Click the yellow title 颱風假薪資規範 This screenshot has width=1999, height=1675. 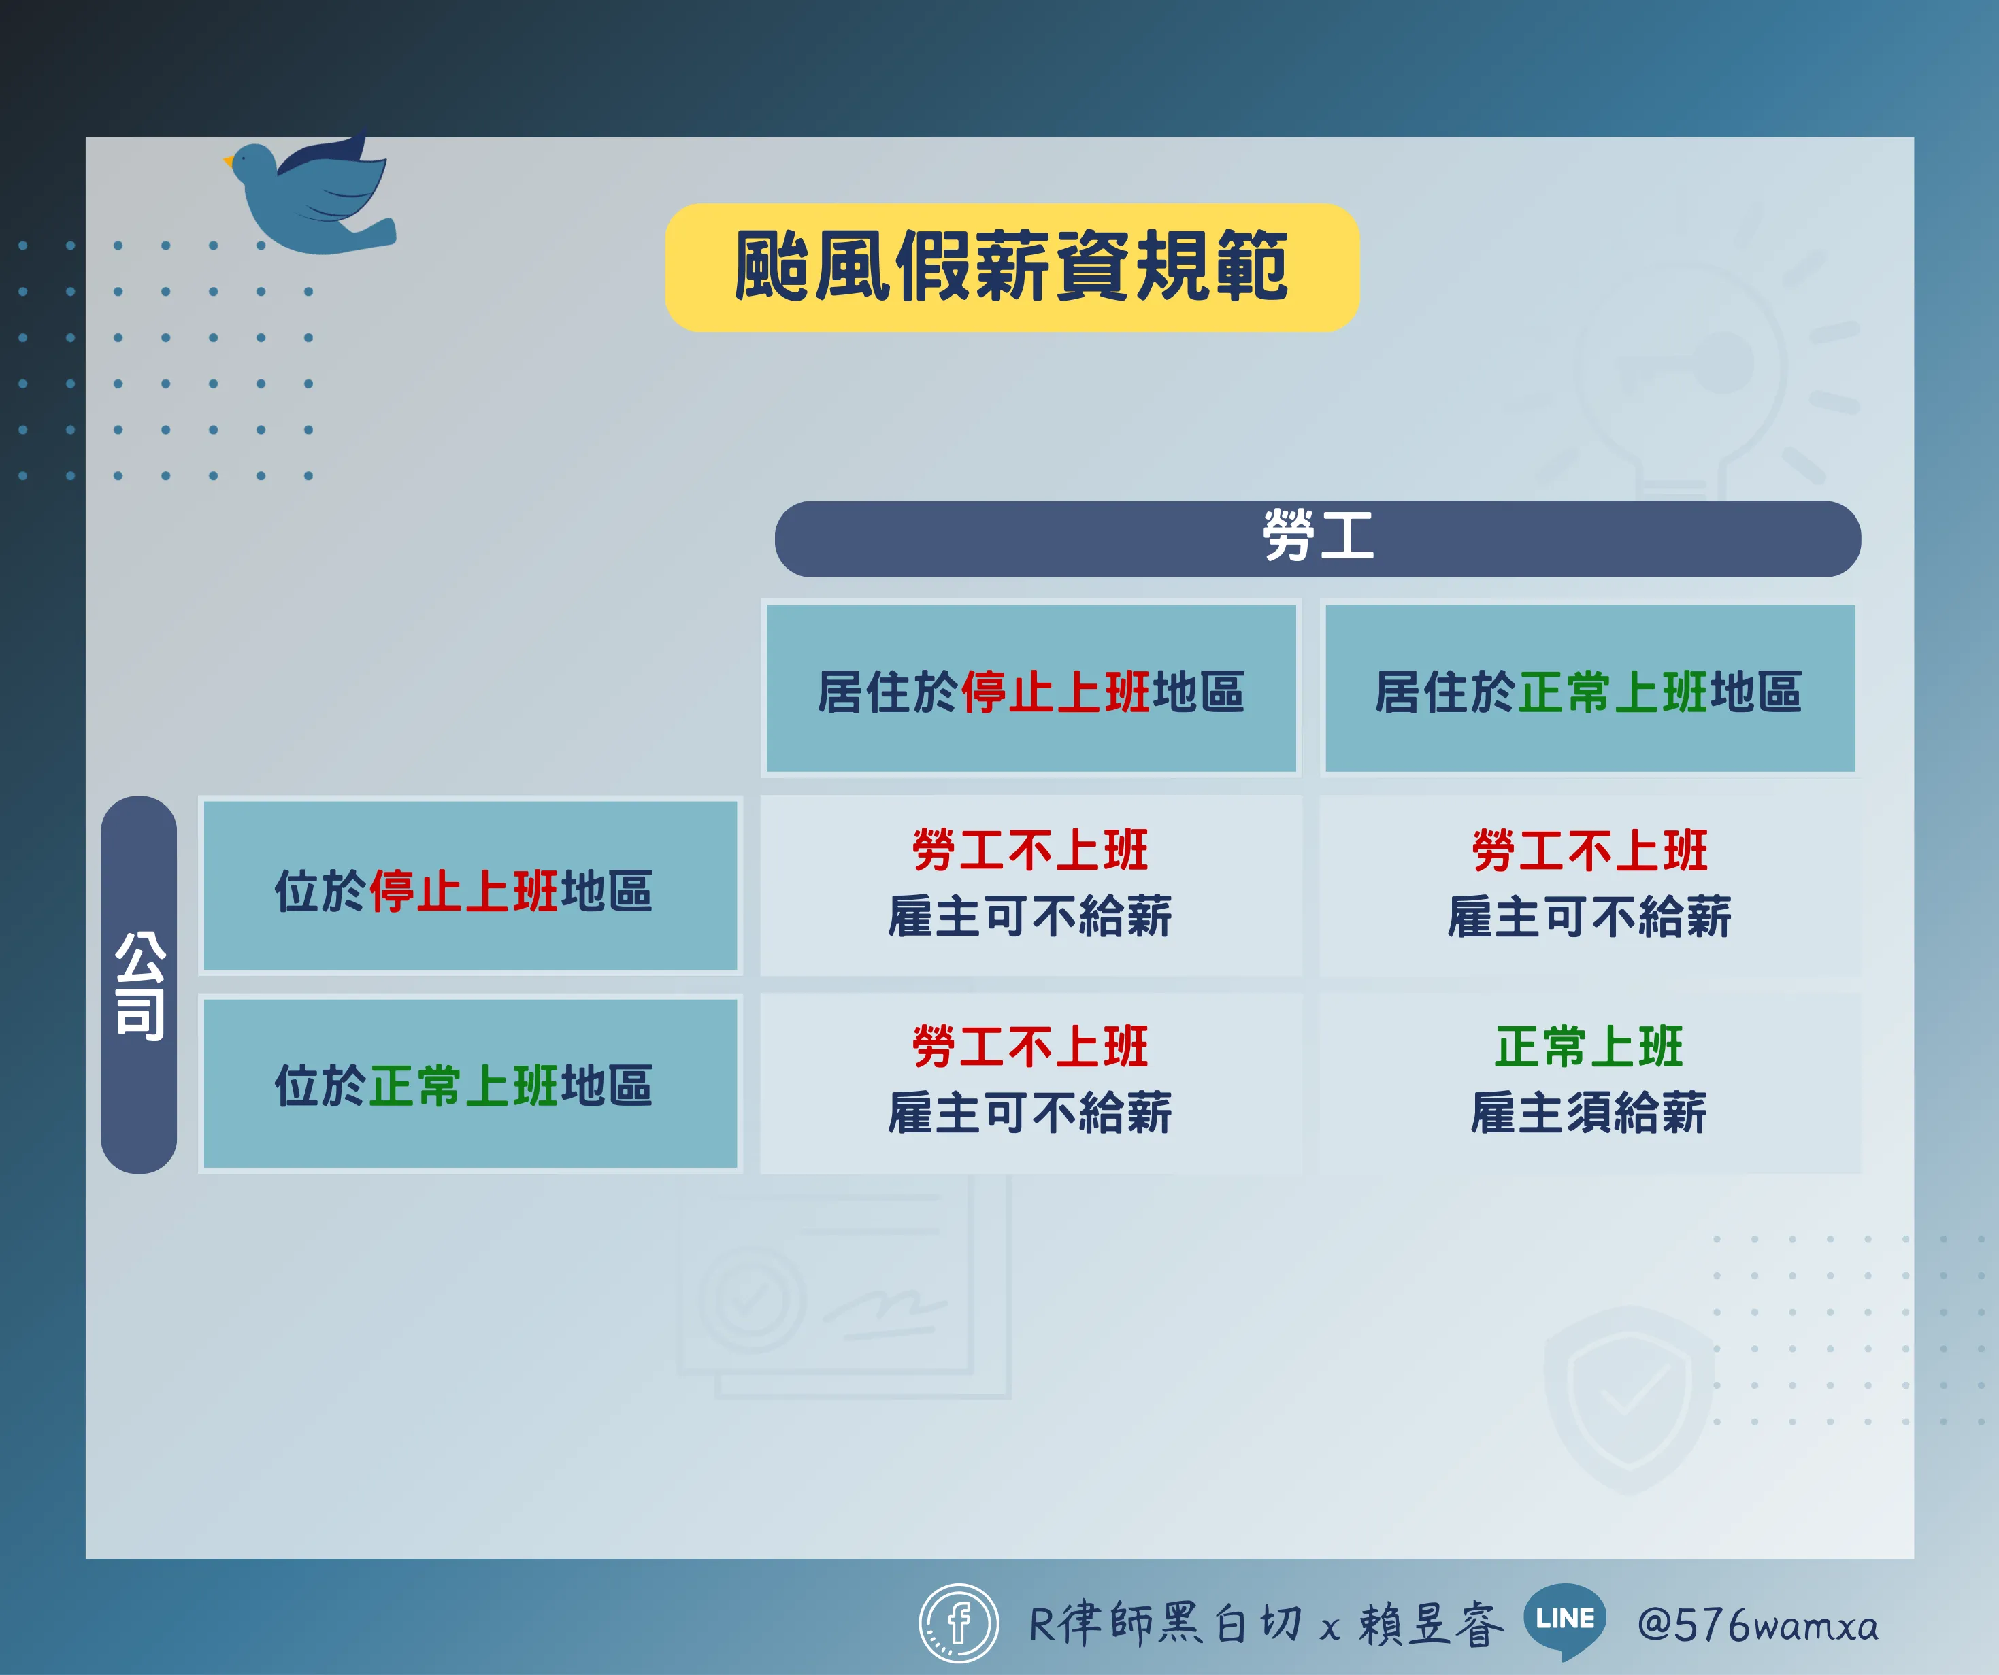[1012, 267]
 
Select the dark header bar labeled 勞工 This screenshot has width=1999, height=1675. [1317, 539]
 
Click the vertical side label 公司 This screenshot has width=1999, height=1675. [139, 985]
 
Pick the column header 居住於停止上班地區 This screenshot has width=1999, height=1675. [1031, 688]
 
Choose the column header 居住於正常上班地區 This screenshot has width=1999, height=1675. [1589, 688]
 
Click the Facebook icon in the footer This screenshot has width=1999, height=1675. [959, 1623]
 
